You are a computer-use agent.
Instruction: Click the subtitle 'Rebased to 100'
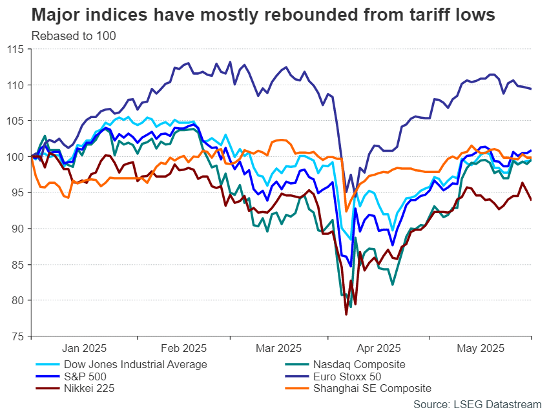73,36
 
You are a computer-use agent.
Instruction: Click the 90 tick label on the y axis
17,229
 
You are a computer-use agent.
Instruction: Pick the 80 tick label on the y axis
17,300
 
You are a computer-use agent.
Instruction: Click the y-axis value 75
17,336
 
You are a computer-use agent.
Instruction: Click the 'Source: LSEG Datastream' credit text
477,404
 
